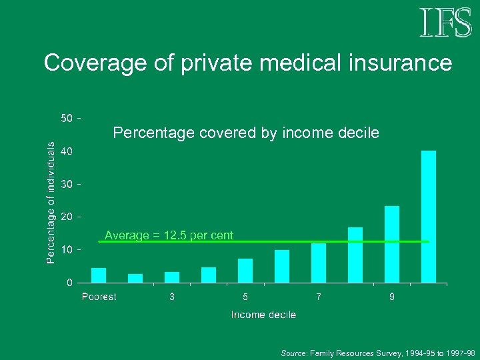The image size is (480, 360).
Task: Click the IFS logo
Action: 446,23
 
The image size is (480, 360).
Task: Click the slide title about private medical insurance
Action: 247,63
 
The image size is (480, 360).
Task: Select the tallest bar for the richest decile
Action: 429,216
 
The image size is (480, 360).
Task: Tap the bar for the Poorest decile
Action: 99,275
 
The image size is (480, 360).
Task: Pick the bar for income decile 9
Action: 392,244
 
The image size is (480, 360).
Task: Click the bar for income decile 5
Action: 245,271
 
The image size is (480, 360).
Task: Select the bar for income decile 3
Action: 172,277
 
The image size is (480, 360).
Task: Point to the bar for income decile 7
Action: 319,263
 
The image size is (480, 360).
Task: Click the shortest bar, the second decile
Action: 135,278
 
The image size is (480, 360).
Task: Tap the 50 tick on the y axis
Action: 67,119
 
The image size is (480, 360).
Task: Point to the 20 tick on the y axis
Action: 67,217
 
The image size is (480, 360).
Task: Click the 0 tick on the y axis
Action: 69,283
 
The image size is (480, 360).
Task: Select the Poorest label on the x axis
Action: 99,297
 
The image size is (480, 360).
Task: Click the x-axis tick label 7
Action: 319,297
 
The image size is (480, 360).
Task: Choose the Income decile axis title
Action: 263,315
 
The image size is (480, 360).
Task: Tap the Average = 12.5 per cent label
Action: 169,235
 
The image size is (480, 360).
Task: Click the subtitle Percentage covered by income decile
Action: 246,133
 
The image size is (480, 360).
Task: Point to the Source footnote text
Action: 377,351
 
